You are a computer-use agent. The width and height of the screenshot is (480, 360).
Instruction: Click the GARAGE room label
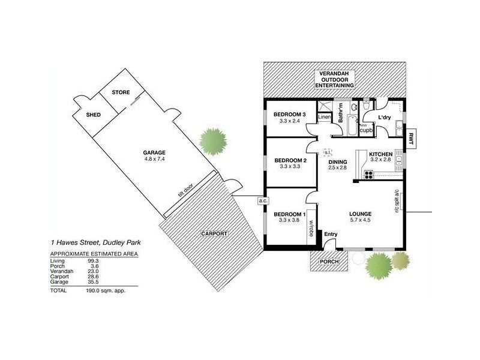[x=154, y=152]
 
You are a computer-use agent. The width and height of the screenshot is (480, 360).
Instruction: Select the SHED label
[x=93, y=114]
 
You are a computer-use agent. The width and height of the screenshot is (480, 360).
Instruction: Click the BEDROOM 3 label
[x=290, y=114]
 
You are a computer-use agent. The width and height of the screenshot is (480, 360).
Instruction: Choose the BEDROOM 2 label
[x=290, y=160]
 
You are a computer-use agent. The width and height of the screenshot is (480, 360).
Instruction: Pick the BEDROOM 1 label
[x=290, y=214]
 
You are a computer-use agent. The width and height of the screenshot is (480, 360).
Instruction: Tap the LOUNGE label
[x=361, y=214]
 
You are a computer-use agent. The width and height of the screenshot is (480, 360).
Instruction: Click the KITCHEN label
[x=381, y=154]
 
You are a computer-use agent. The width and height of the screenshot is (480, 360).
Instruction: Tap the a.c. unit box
[x=262, y=200]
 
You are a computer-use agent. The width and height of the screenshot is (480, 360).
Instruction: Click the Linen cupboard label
[x=325, y=116]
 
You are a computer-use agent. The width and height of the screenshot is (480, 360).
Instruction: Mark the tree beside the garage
[x=214, y=140]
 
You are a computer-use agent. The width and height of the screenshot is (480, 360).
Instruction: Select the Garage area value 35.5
[x=91, y=282]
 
